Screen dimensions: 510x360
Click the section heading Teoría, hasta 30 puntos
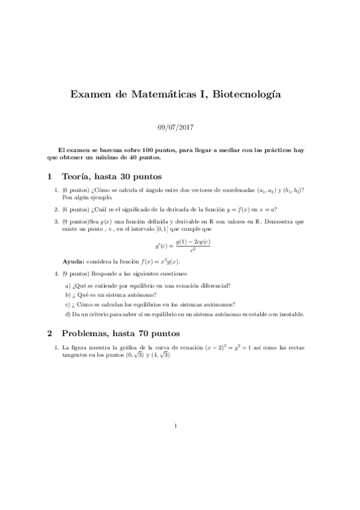tap(111, 177)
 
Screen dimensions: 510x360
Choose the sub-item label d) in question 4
tap(68, 314)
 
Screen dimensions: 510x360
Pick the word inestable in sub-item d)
tap(290, 314)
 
